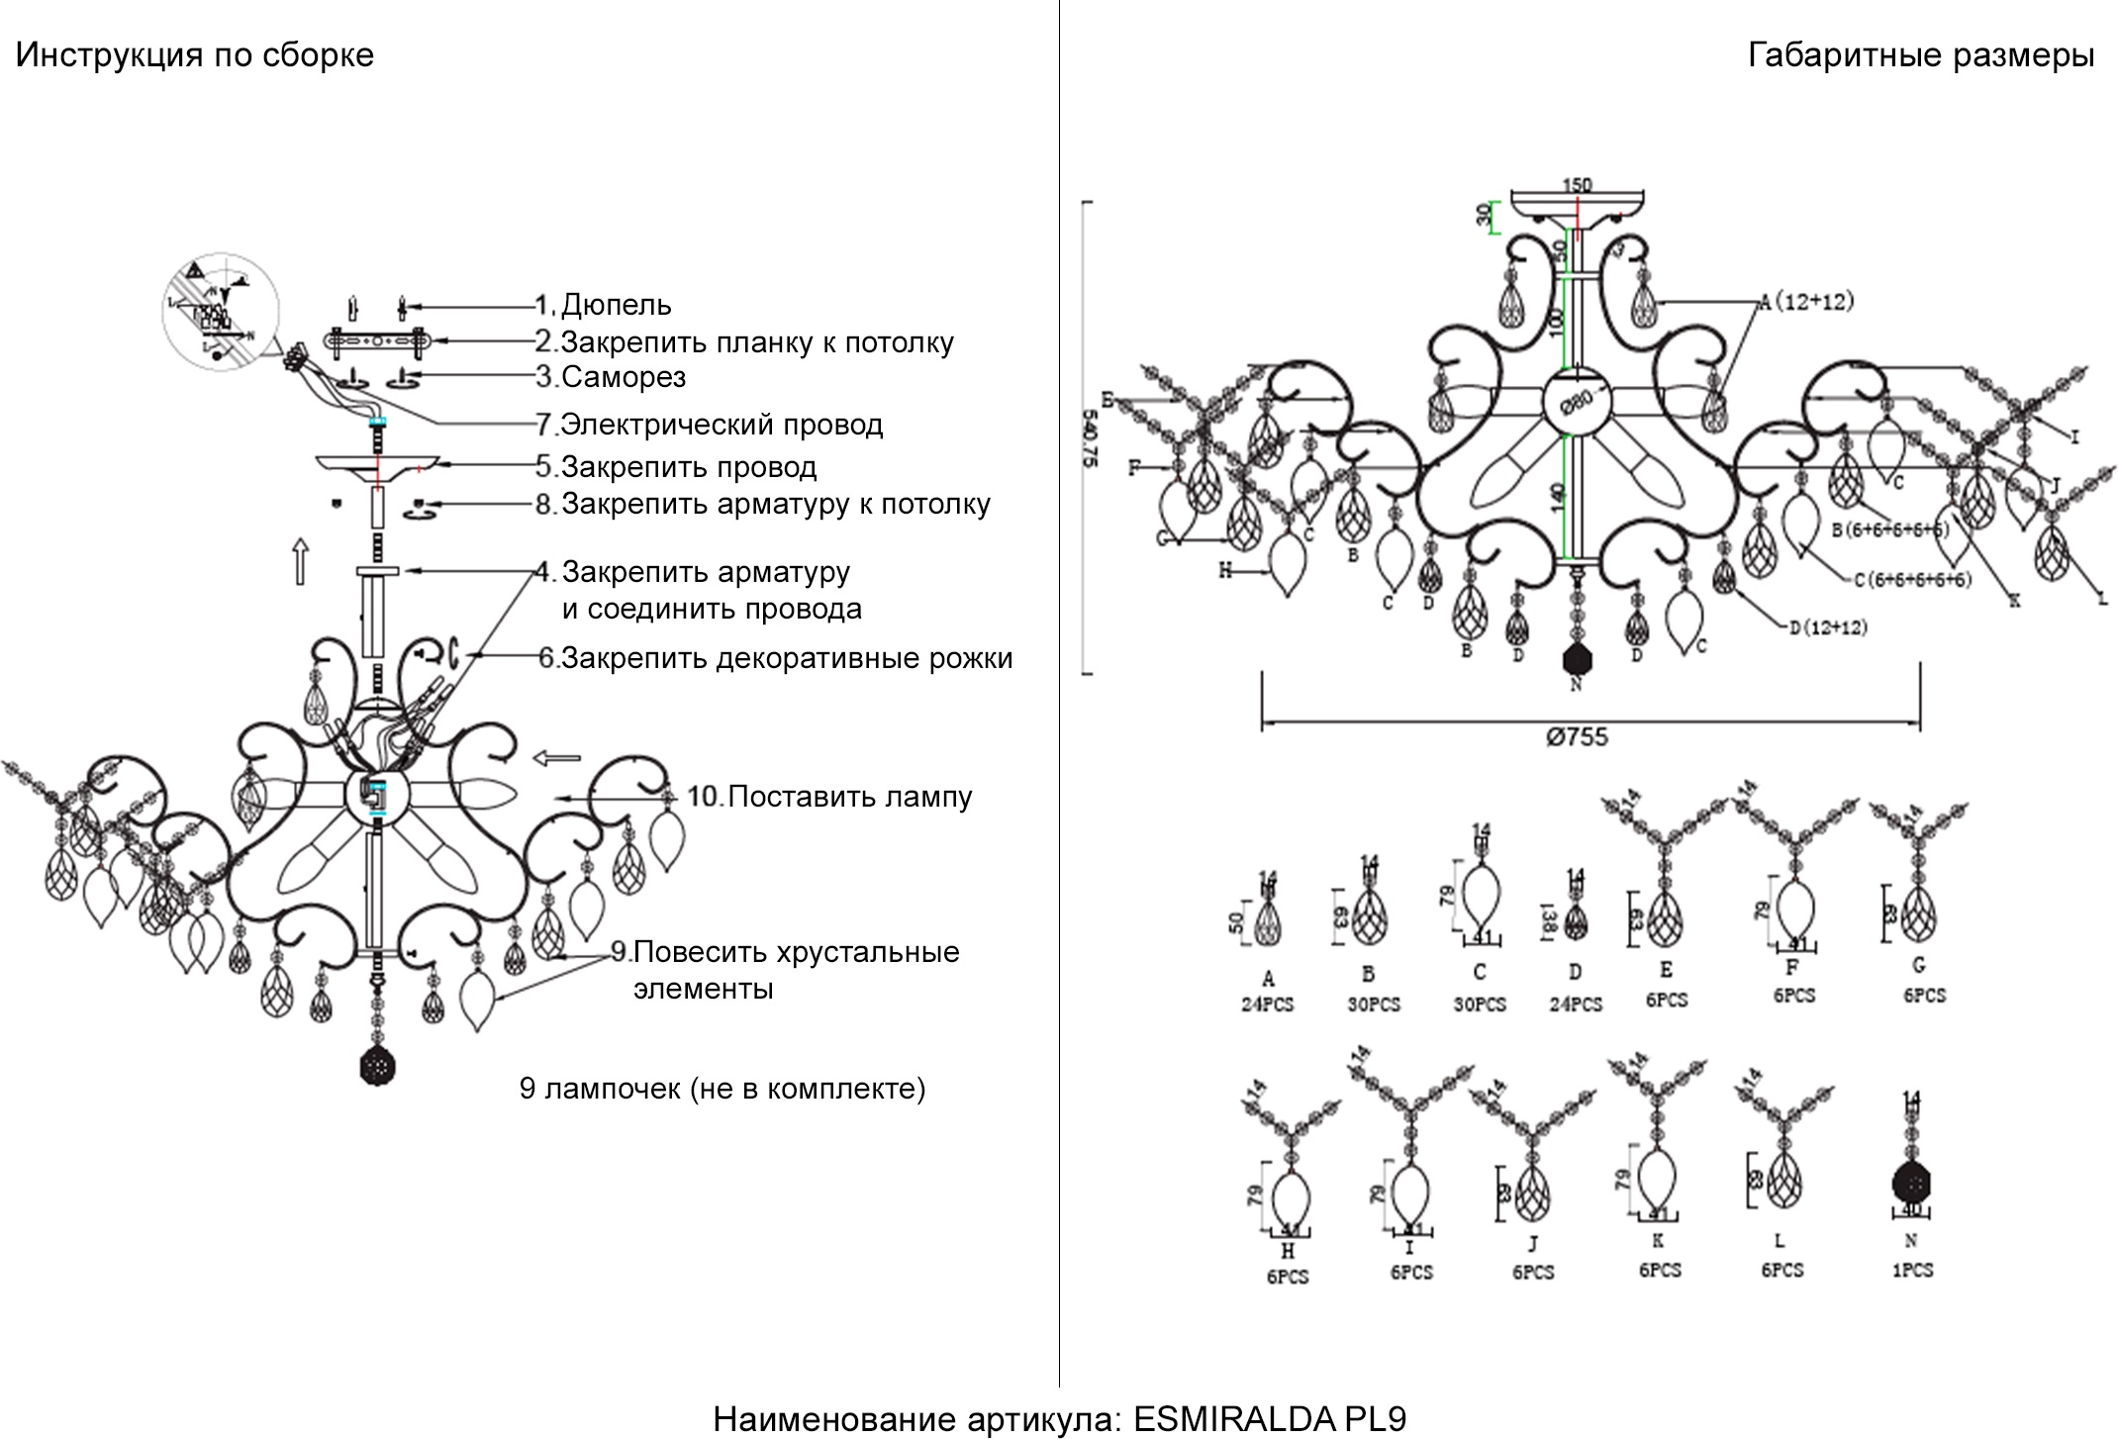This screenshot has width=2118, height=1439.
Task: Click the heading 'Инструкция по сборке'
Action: [195, 55]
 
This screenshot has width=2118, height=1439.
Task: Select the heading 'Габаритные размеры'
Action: [1920, 55]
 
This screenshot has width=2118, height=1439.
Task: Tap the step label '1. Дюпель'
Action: [604, 305]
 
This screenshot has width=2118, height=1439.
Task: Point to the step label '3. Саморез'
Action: [611, 377]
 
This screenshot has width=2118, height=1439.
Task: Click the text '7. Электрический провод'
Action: [710, 425]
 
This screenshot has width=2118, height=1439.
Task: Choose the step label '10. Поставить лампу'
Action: [829, 797]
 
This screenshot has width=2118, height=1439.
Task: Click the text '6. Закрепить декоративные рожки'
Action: [775, 658]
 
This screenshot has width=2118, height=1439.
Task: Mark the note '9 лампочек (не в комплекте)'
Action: [722, 1089]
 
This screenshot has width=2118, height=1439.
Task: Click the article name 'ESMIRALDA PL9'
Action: [1269, 1419]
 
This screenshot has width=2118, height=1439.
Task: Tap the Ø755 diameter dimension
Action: [1577, 737]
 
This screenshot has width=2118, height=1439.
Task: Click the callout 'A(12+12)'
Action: [1805, 303]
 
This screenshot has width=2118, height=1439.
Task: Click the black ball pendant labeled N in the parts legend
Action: [1912, 1184]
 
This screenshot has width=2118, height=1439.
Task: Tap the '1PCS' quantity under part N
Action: [1912, 1270]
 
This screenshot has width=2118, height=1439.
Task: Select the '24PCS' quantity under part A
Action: [1268, 1005]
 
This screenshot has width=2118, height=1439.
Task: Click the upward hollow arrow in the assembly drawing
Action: [301, 561]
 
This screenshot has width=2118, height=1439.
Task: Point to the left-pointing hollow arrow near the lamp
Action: [557, 758]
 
